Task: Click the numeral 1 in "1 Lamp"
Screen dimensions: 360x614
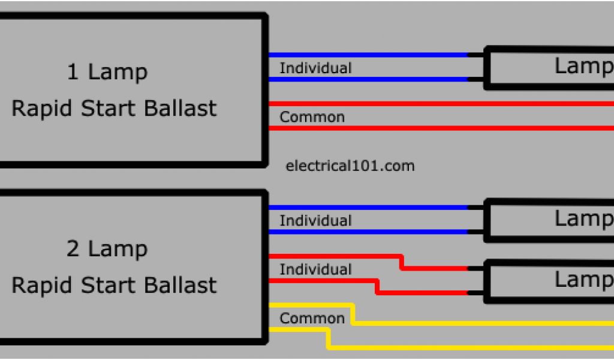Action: coord(73,73)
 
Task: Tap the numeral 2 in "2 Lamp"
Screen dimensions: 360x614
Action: coord(73,248)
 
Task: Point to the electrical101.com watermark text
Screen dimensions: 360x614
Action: coord(351,166)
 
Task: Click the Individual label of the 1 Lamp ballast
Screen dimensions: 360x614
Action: coord(315,68)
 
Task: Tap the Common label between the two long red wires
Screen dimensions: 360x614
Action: coord(312,117)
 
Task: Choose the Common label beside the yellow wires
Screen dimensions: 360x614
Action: coord(312,318)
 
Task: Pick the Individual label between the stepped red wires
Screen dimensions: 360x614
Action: coord(315,269)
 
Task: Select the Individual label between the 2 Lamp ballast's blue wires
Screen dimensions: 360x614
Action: coord(315,220)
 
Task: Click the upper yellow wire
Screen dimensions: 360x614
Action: coord(480,323)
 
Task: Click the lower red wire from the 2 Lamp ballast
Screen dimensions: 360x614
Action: coord(420,292)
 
